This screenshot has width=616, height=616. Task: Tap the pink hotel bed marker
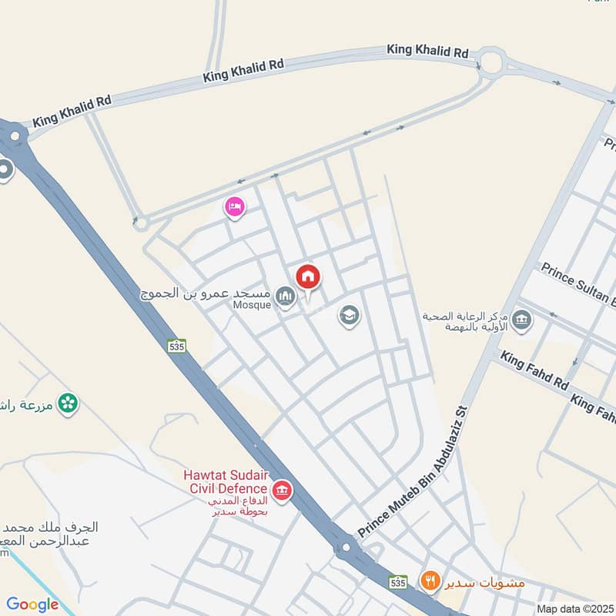coord(235,207)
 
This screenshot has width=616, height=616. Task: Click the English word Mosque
coord(252,305)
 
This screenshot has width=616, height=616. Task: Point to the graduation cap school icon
coord(349,315)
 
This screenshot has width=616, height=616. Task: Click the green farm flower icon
coord(69,403)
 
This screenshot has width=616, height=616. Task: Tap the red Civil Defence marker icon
coord(282,489)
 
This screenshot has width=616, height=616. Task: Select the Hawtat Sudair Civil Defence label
coord(226,481)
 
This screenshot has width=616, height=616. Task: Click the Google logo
coord(32,604)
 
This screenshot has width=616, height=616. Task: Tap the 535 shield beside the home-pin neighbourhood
coord(177,346)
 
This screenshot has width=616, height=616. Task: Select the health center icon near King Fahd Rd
coord(521,320)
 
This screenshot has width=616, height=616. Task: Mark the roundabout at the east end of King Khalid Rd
coord(490,61)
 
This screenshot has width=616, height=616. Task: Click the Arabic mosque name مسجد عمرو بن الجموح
coord(203,293)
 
